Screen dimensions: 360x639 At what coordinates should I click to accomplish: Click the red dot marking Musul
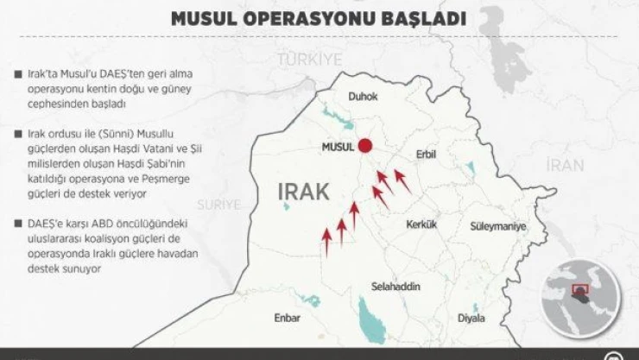(x=366, y=146)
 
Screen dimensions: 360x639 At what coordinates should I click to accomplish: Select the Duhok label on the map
(x=364, y=98)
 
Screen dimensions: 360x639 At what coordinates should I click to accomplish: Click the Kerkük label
(x=422, y=224)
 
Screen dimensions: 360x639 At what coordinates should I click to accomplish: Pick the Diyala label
(x=471, y=318)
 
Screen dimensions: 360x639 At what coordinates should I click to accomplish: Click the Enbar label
(x=287, y=318)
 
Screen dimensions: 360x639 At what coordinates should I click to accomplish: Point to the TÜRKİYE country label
(x=310, y=59)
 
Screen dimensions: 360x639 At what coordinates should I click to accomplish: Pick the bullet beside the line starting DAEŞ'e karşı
(x=18, y=224)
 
